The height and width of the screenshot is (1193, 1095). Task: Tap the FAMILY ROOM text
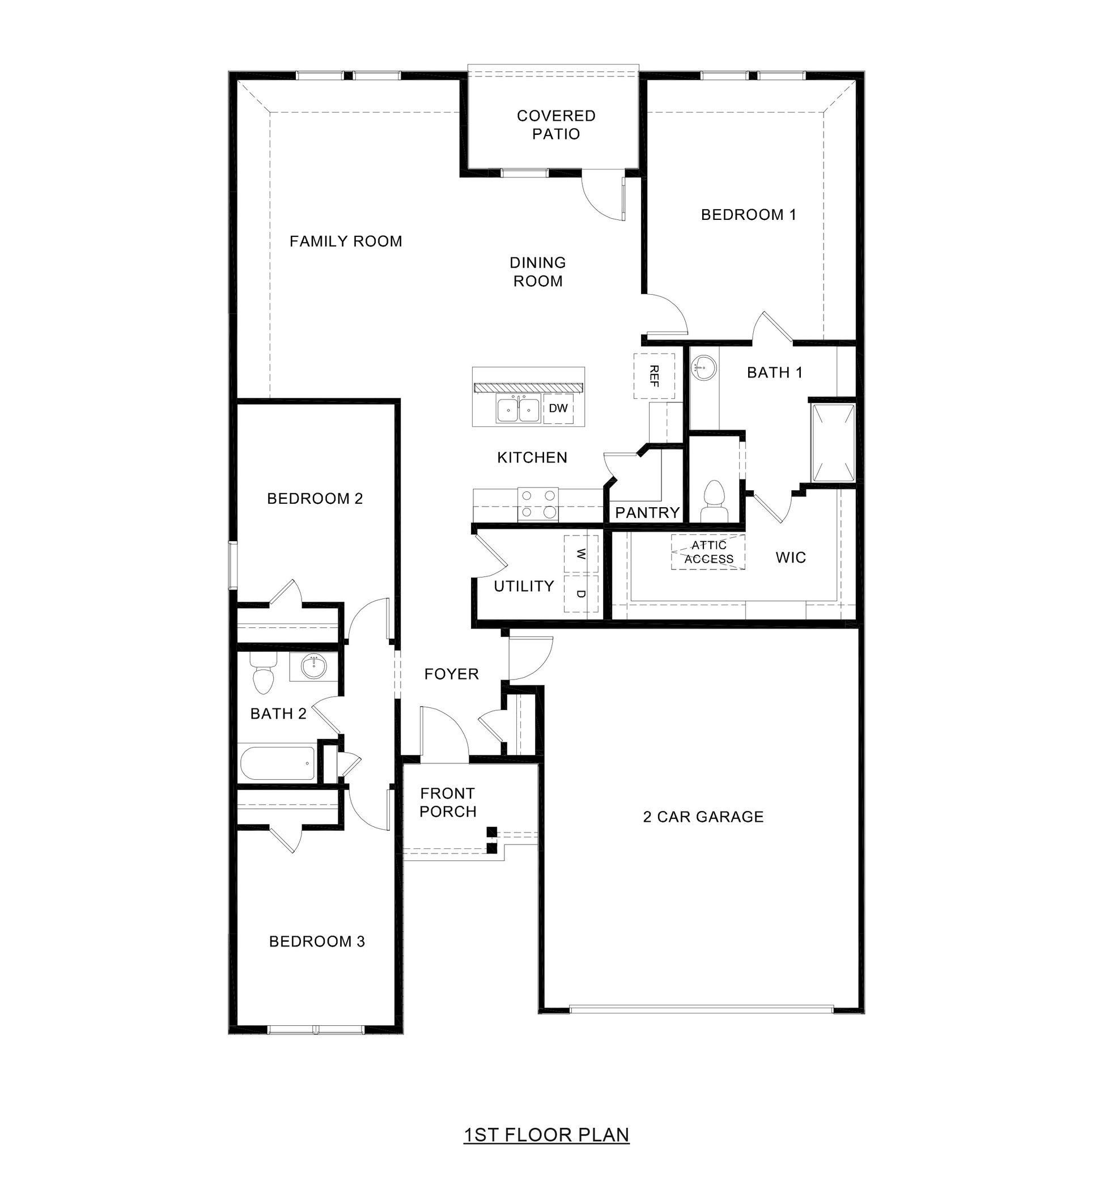[346, 241]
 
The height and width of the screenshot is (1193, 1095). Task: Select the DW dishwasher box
[558, 408]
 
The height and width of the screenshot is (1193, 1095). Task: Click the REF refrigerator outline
[654, 376]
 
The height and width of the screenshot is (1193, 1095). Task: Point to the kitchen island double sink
[519, 409]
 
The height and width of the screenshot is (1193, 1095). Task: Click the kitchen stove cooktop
[538, 504]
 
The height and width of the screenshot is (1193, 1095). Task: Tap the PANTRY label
[647, 512]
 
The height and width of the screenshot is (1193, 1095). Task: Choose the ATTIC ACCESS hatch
[708, 552]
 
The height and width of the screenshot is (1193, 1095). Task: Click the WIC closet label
[791, 558]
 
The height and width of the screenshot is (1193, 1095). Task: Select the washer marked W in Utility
[582, 554]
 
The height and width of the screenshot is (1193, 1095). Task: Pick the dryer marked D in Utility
[582, 593]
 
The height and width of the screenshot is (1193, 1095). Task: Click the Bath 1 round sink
[703, 368]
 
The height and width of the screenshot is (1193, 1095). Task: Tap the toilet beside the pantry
[714, 501]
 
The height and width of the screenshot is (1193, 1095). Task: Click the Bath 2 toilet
[263, 673]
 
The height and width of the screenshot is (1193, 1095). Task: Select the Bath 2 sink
[313, 668]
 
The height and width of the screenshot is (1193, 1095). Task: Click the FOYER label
[452, 674]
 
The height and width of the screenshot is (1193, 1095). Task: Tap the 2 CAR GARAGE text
[703, 817]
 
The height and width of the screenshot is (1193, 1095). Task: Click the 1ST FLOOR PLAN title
[546, 1135]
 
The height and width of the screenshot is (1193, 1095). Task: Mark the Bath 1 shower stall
[833, 443]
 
